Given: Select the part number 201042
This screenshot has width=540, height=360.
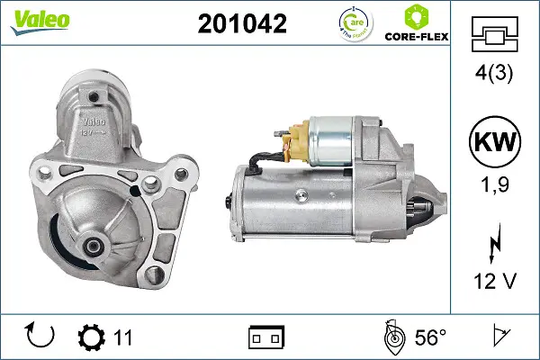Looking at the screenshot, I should tap(241, 23).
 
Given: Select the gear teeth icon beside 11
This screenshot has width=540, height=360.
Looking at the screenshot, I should tap(92, 337).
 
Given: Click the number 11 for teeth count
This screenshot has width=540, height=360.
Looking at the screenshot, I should tap(123, 337).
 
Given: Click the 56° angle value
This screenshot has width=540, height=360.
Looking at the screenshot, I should tap(430, 337).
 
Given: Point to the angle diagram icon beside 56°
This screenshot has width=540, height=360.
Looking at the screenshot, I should tap(392, 337).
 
